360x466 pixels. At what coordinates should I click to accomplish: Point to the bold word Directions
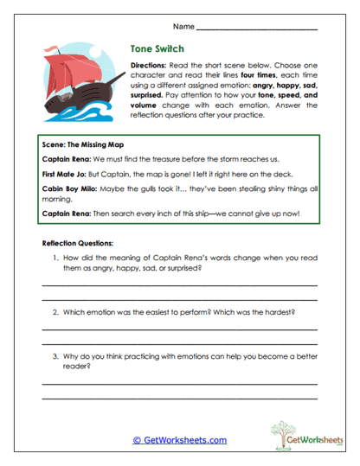(149, 66)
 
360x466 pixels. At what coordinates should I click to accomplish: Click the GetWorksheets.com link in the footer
(180, 440)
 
